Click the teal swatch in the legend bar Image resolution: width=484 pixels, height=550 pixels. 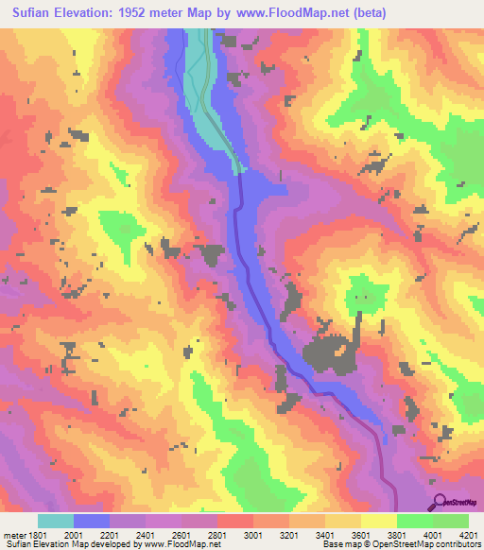tap(56, 520)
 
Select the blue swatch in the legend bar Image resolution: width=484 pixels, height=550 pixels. tap(92, 520)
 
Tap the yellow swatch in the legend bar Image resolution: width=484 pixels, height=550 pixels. tap(378, 520)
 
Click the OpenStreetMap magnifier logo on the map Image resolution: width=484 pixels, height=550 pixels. tap(439, 502)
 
